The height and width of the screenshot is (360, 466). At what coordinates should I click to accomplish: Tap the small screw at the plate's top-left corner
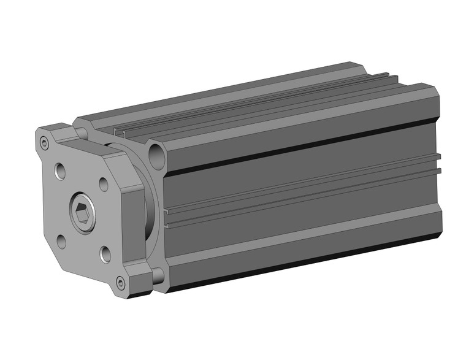point(44,144)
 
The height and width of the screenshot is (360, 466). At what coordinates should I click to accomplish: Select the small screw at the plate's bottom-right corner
point(120,283)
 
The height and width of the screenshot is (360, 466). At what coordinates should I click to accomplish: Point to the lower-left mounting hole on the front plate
point(62,240)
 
